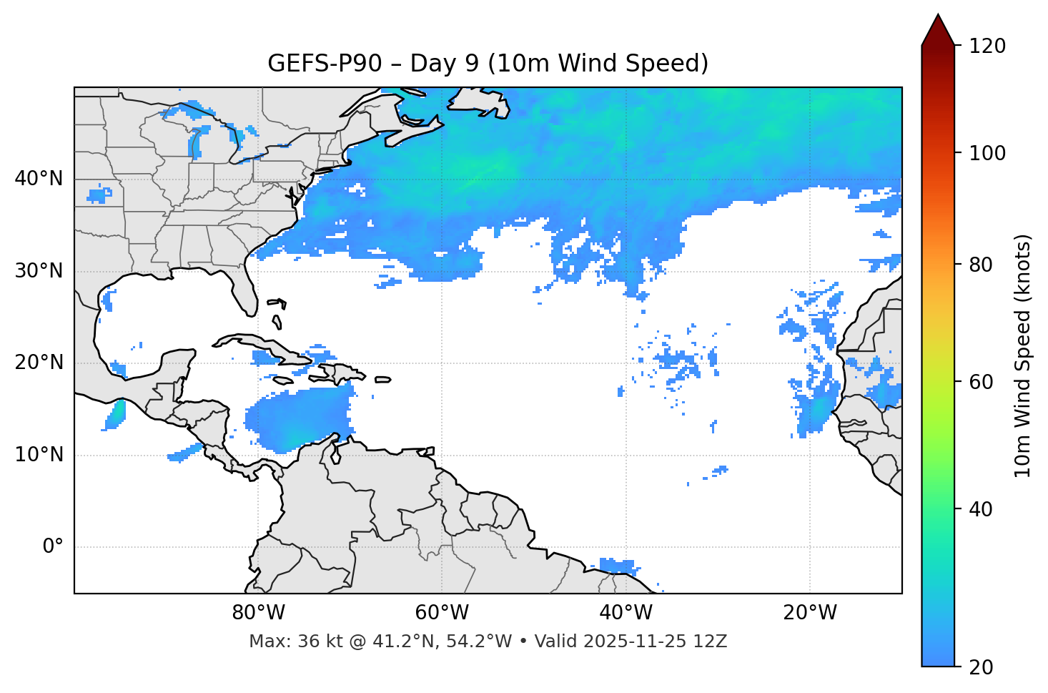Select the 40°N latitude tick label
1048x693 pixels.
click(39, 179)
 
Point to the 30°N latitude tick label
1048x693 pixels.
click(39, 271)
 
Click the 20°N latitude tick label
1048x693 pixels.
click(39, 363)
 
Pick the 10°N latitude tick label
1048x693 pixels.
click(39, 455)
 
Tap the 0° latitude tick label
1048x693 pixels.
click(53, 547)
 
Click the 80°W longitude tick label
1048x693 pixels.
click(258, 613)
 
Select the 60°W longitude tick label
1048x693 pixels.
click(442, 613)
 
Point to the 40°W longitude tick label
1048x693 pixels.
click(626, 613)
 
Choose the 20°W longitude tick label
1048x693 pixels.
click(810, 613)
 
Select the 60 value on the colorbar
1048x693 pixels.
click(982, 382)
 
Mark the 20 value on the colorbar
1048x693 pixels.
click(982, 667)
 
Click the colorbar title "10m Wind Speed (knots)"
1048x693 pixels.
click(1023, 356)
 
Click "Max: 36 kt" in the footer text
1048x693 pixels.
click(284, 642)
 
